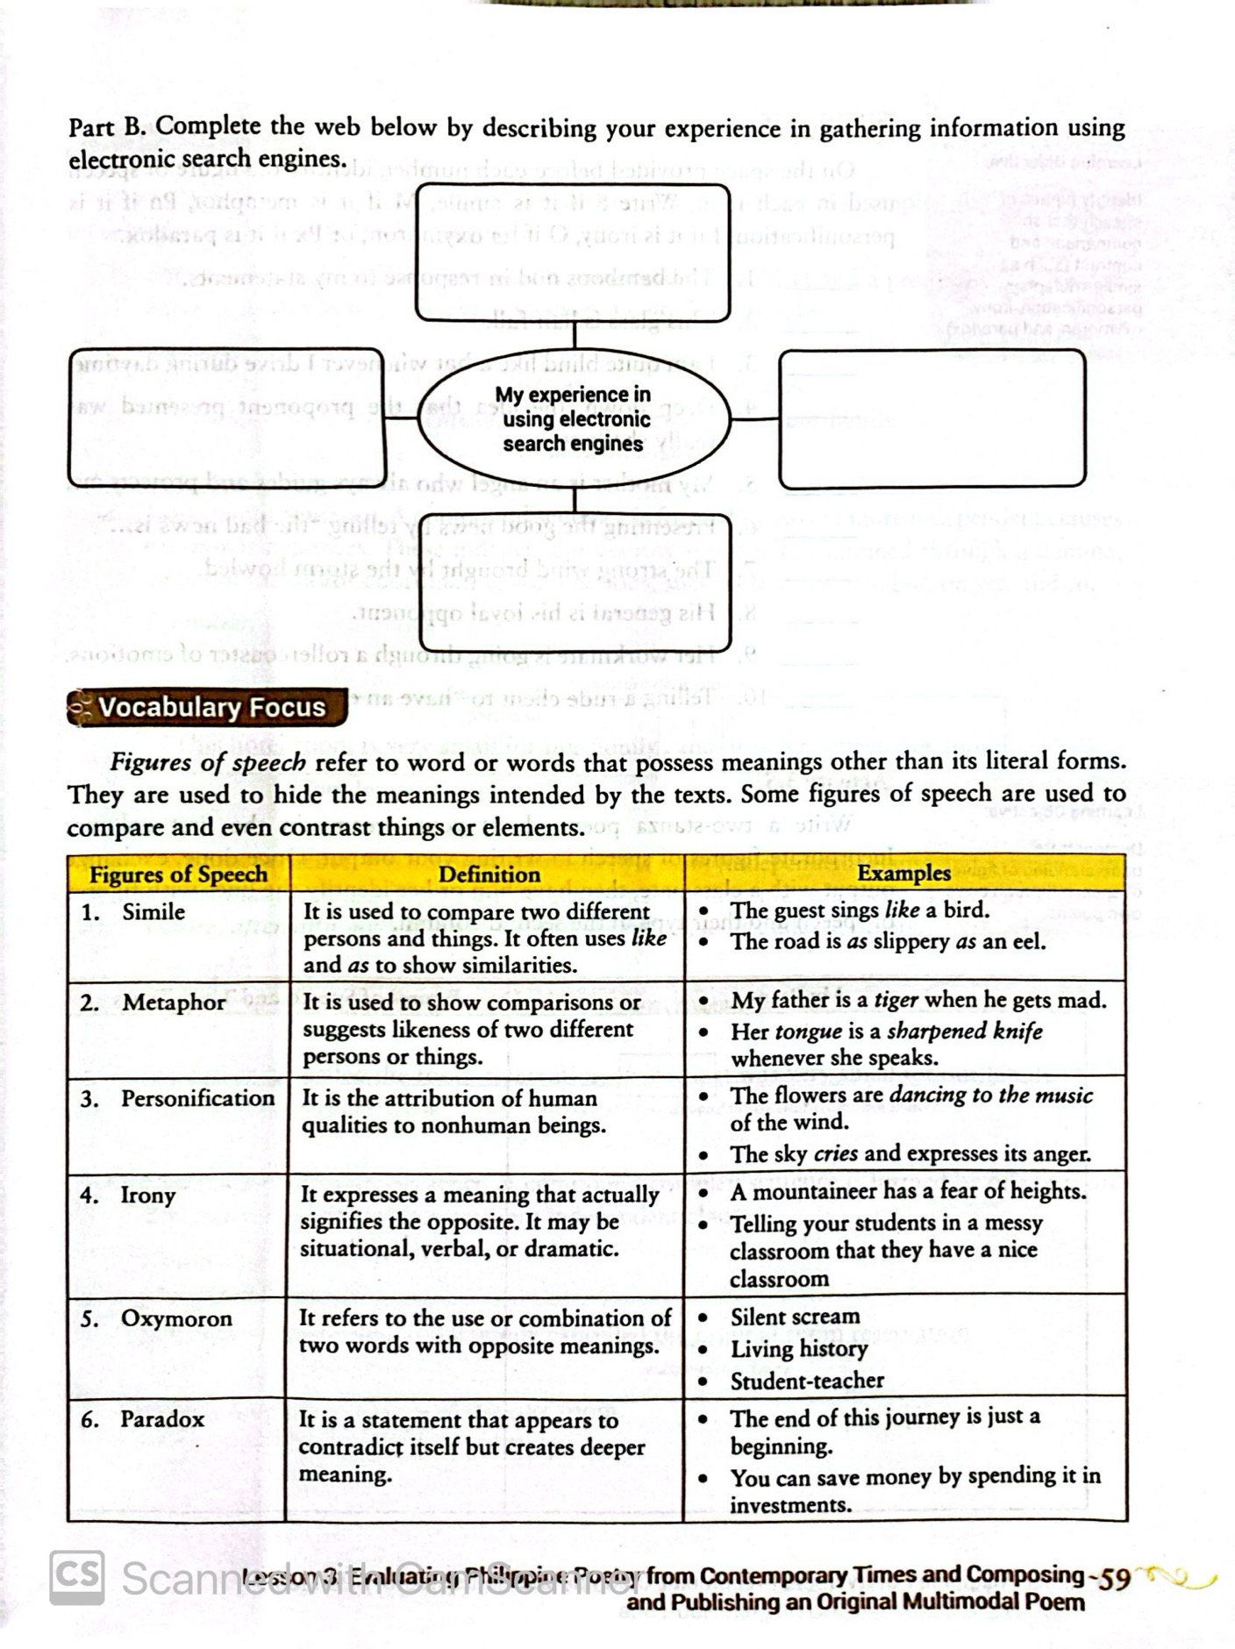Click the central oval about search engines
point(574,419)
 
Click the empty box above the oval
point(573,253)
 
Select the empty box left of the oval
point(226,418)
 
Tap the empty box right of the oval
point(932,418)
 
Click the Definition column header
point(489,874)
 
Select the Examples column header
point(903,874)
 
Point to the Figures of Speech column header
point(178,874)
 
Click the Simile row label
point(153,912)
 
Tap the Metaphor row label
point(173,1003)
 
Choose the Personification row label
point(197,1099)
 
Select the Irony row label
point(147,1196)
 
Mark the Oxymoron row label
point(176,1319)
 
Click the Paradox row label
point(162,1419)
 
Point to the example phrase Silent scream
point(795,1317)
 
